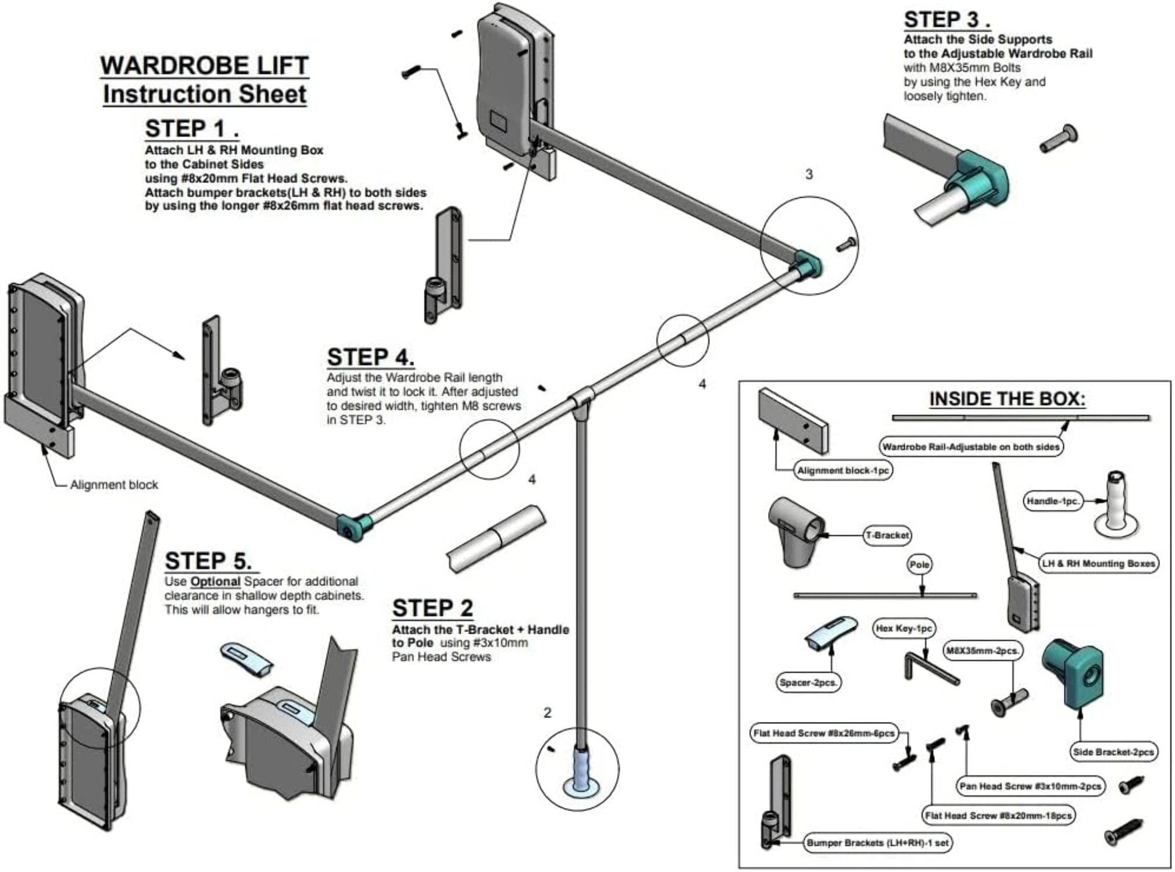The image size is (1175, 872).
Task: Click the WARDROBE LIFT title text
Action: pyautogui.click(x=204, y=66)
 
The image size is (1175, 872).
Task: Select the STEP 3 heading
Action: pyautogui.click(x=947, y=20)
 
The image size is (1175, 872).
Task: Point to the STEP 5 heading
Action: pyautogui.click(x=209, y=561)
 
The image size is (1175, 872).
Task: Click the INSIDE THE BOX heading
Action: pyautogui.click(x=1007, y=399)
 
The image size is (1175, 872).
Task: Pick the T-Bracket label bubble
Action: pyautogui.click(x=887, y=535)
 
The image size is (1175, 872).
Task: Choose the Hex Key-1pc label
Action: pyautogui.click(x=903, y=628)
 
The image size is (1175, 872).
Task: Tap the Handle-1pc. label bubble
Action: pyautogui.click(x=1052, y=501)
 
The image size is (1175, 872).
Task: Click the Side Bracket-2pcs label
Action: pyautogui.click(x=1113, y=752)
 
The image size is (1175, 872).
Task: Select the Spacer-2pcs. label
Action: pyautogui.click(x=808, y=682)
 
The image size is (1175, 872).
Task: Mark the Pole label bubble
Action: pyautogui.click(x=920, y=564)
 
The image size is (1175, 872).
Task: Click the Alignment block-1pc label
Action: pyautogui.click(x=843, y=470)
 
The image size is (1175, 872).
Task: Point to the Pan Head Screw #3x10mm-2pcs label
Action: pyautogui.click(x=1030, y=786)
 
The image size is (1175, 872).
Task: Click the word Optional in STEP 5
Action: pyautogui.click(x=215, y=581)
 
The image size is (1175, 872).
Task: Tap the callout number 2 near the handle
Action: pyautogui.click(x=547, y=713)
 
